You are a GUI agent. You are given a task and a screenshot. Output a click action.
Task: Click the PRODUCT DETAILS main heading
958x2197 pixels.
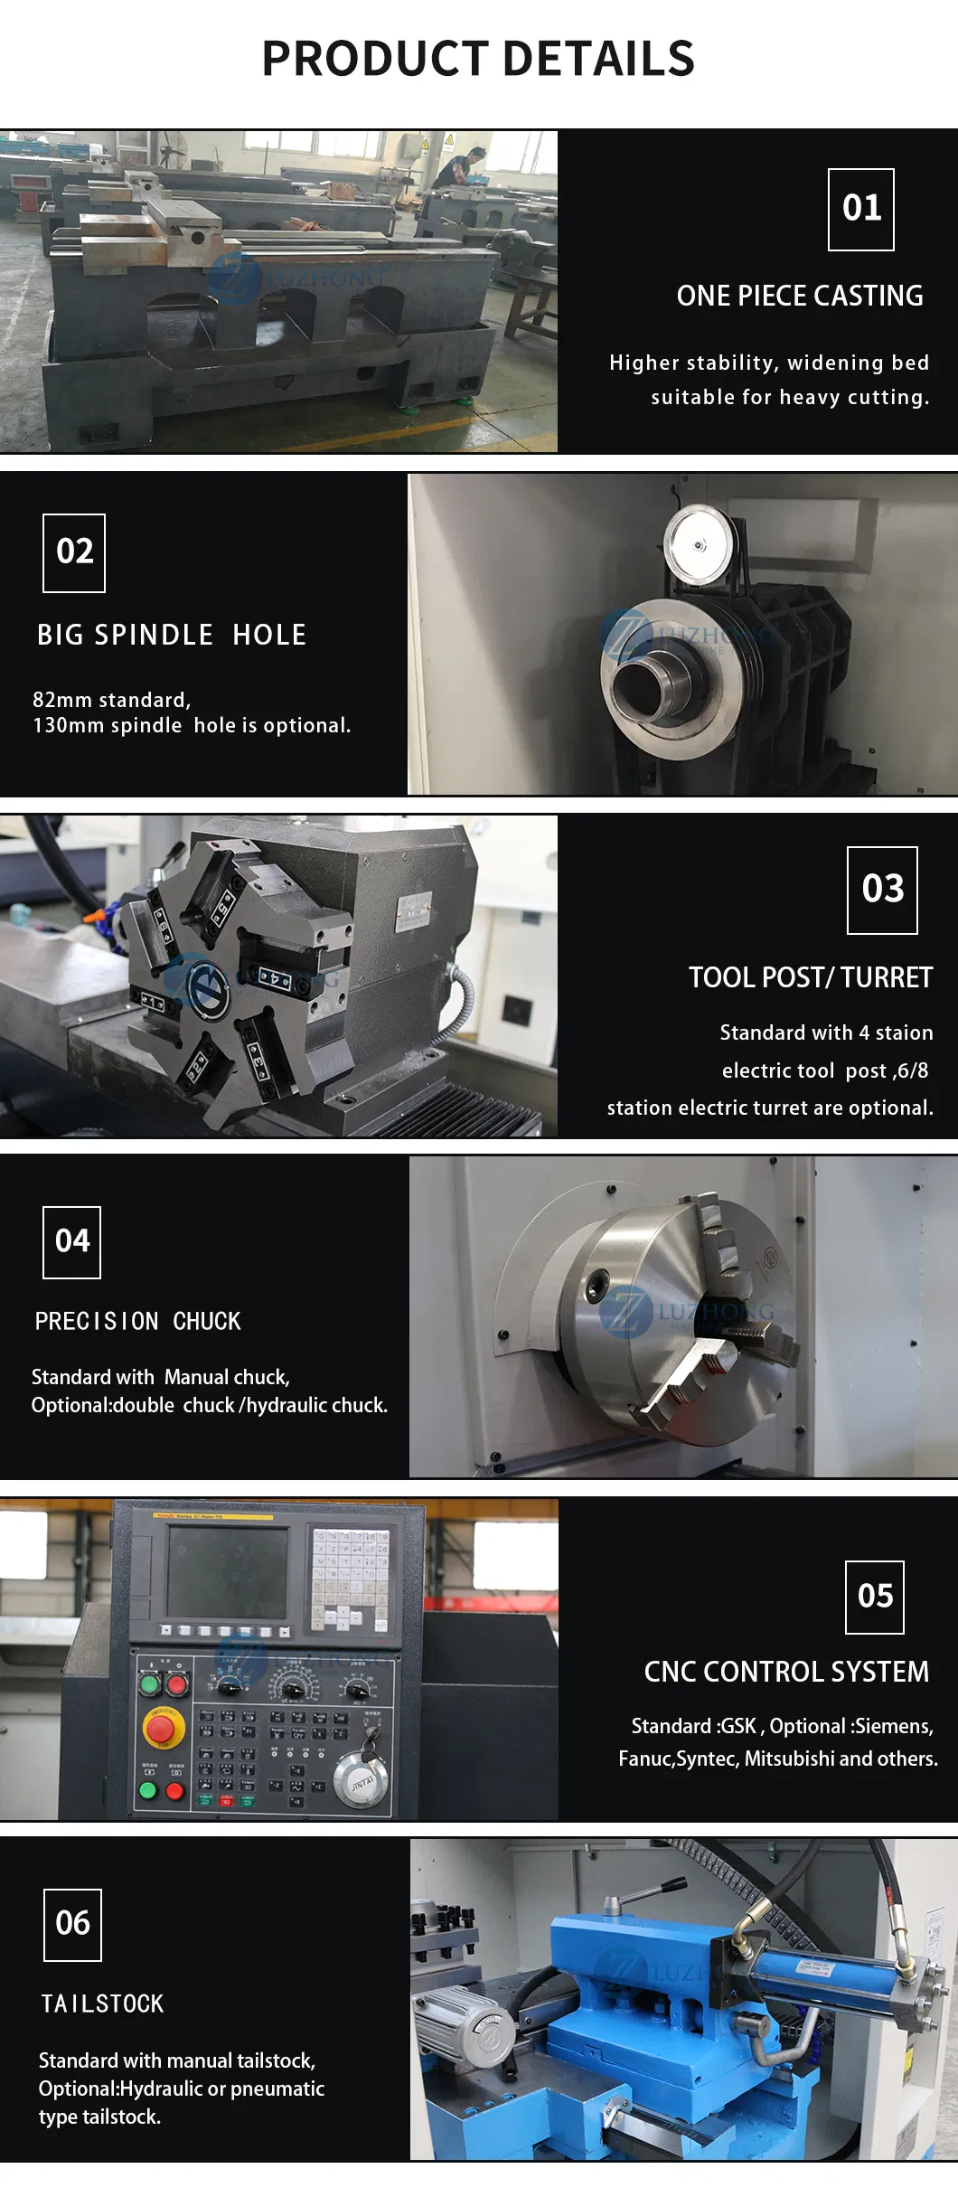[x=478, y=59]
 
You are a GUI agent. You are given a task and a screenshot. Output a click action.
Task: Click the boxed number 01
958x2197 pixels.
[x=861, y=209]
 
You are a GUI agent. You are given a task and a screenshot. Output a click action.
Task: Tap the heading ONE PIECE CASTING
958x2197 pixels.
[x=800, y=296]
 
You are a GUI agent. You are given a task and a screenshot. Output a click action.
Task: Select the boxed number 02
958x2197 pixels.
[x=74, y=552]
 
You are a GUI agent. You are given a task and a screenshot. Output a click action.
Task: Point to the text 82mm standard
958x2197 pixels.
[x=111, y=700]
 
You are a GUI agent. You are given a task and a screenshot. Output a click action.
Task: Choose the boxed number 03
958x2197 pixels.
[x=882, y=890]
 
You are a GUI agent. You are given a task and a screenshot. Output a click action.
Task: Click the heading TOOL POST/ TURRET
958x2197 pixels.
[x=810, y=977]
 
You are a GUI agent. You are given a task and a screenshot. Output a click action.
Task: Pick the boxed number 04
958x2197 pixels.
[x=72, y=1241]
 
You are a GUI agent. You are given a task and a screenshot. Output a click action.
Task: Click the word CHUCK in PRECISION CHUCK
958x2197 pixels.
[x=207, y=1321]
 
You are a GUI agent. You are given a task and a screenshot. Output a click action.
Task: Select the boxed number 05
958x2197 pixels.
[x=875, y=1597]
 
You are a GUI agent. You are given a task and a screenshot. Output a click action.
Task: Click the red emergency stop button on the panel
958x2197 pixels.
[x=161, y=1729]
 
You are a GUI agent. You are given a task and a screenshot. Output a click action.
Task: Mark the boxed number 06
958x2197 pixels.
[x=72, y=1923]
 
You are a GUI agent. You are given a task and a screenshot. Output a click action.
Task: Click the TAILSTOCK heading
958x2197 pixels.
[x=102, y=2004]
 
